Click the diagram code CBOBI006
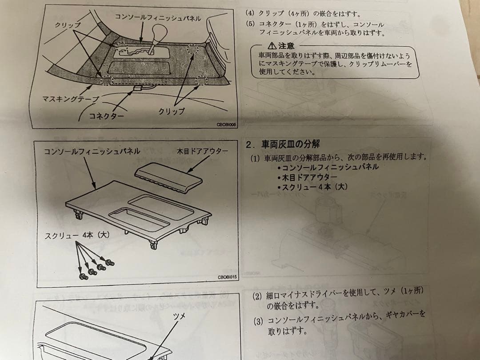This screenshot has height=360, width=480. [227, 125]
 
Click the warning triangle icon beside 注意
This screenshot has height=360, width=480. [272, 46]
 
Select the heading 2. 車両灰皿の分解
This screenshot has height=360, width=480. [283, 144]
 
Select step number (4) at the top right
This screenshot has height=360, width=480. [250, 13]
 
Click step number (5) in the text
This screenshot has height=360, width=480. [250, 24]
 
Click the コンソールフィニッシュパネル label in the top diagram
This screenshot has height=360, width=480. [158, 18]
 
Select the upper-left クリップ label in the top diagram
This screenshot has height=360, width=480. [65, 25]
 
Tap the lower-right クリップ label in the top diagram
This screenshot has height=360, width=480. [172, 112]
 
